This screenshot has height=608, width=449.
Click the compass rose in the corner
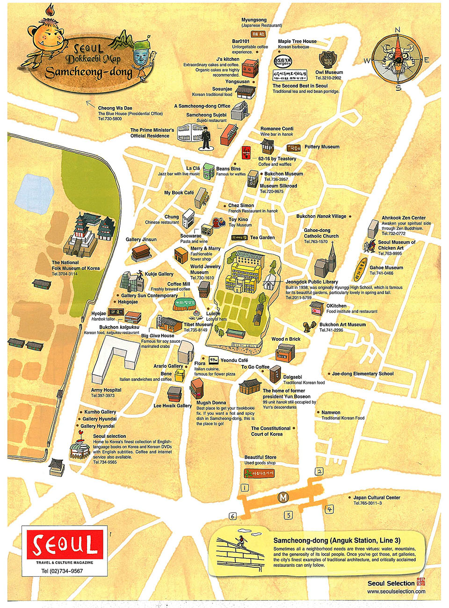[397, 59]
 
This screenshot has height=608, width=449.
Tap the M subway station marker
[283, 498]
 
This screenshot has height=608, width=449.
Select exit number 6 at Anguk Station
[232, 516]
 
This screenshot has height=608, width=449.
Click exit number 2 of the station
[319, 471]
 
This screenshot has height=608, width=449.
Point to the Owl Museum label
[329, 72]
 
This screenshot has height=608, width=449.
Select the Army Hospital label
[106, 390]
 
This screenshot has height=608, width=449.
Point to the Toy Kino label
[238, 219]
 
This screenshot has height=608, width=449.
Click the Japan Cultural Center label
[377, 498]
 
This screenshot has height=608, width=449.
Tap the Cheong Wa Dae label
[115, 108]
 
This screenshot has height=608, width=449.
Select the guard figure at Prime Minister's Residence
[206, 138]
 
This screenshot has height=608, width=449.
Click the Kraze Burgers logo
[282, 62]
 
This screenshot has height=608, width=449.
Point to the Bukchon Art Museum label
[342, 325]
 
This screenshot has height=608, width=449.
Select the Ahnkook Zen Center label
[404, 218]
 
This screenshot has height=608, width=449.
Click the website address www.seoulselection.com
[396, 591]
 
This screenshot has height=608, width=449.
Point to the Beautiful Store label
[260, 457]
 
